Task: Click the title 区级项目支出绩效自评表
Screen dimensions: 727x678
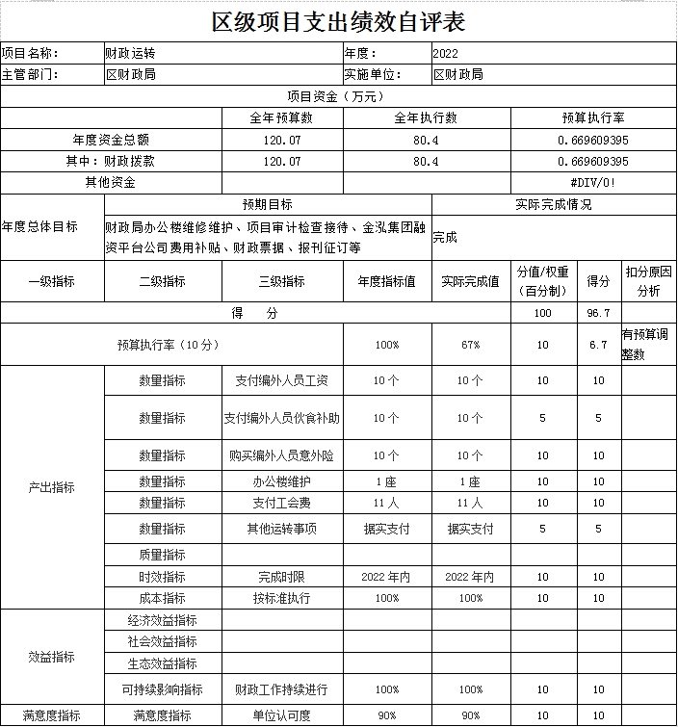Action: click(338, 21)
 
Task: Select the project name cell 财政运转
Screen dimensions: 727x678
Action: click(130, 53)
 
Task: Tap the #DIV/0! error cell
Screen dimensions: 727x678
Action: click(593, 182)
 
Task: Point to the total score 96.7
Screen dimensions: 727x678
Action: click(598, 314)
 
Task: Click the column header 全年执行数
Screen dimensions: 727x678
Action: click(426, 117)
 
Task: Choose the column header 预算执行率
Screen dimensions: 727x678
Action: click(593, 117)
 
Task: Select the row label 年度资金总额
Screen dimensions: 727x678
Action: click(111, 140)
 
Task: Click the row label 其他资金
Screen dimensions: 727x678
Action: click(111, 182)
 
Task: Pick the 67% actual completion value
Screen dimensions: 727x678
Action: click(470, 345)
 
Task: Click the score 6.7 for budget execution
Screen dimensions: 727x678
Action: click(598, 345)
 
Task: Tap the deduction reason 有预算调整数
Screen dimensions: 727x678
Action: click(647, 345)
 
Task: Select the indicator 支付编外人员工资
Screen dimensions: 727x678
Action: click(282, 380)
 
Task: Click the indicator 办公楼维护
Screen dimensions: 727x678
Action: click(282, 481)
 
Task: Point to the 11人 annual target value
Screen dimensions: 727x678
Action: click(386, 503)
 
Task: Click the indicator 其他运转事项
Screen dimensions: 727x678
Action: click(282, 529)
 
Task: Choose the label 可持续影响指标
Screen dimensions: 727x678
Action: click(162, 689)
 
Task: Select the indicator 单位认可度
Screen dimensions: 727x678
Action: click(282, 715)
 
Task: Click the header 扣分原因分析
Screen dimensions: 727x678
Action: click(648, 281)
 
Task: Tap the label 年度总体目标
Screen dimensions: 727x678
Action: click(39, 226)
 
